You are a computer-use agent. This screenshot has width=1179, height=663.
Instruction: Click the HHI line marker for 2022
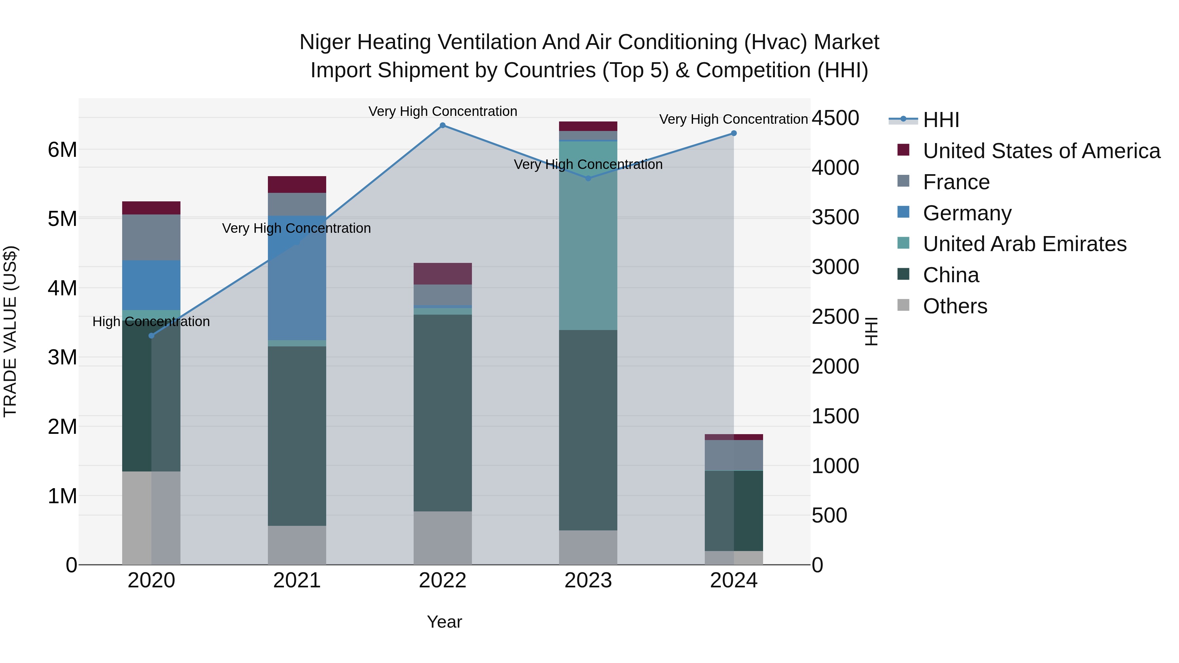point(442,125)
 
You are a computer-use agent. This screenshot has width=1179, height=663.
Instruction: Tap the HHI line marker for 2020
point(152,336)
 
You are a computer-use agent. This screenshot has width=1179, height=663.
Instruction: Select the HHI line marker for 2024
point(734,133)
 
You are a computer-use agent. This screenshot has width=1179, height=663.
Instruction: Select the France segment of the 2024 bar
point(734,455)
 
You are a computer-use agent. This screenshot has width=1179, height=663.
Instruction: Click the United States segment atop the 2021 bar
point(297,184)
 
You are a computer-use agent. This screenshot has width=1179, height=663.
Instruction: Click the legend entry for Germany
point(967,213)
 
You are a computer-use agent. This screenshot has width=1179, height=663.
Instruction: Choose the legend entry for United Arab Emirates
point(1024,244)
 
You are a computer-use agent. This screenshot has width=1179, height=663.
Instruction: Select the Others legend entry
point(955,306)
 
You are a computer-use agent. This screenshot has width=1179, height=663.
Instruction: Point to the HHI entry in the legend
point(941,120)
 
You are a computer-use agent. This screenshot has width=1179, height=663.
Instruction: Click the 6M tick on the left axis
point(62,150)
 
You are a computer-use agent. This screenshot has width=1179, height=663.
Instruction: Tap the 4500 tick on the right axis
point(835,118)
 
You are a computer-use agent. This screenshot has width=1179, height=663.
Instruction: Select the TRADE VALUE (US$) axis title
point(10,331)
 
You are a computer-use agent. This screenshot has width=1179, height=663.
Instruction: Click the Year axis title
point(444,622)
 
